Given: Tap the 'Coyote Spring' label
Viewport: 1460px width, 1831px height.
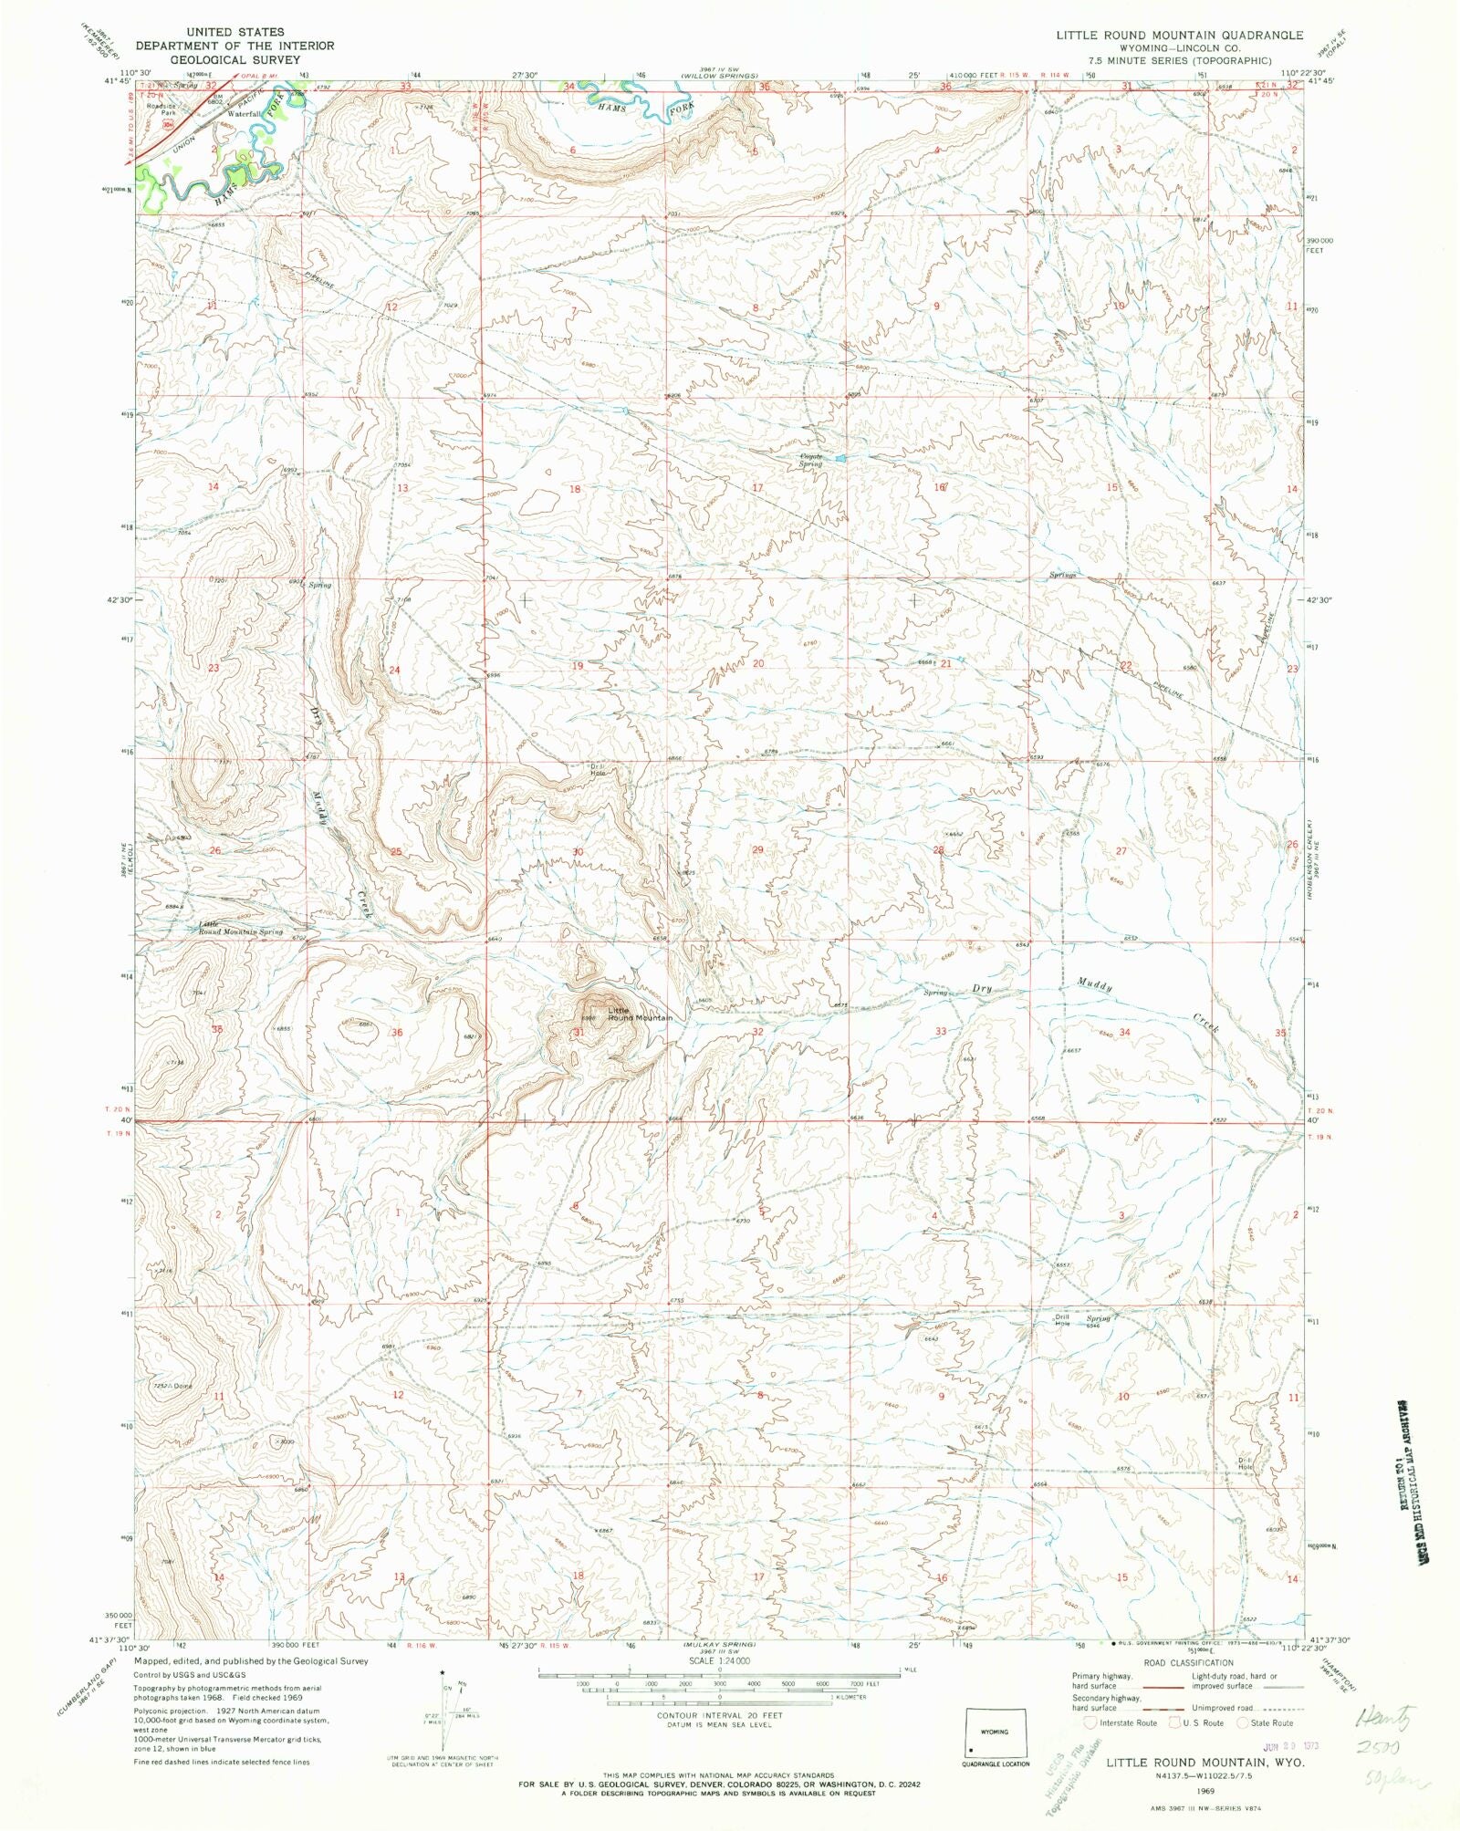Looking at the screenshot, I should click(x=810, y=461).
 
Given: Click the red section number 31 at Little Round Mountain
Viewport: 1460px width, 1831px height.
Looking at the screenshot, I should click(x=579, y=1032).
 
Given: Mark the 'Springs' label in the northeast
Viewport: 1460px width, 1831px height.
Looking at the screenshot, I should click(x=1063, y=576).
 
